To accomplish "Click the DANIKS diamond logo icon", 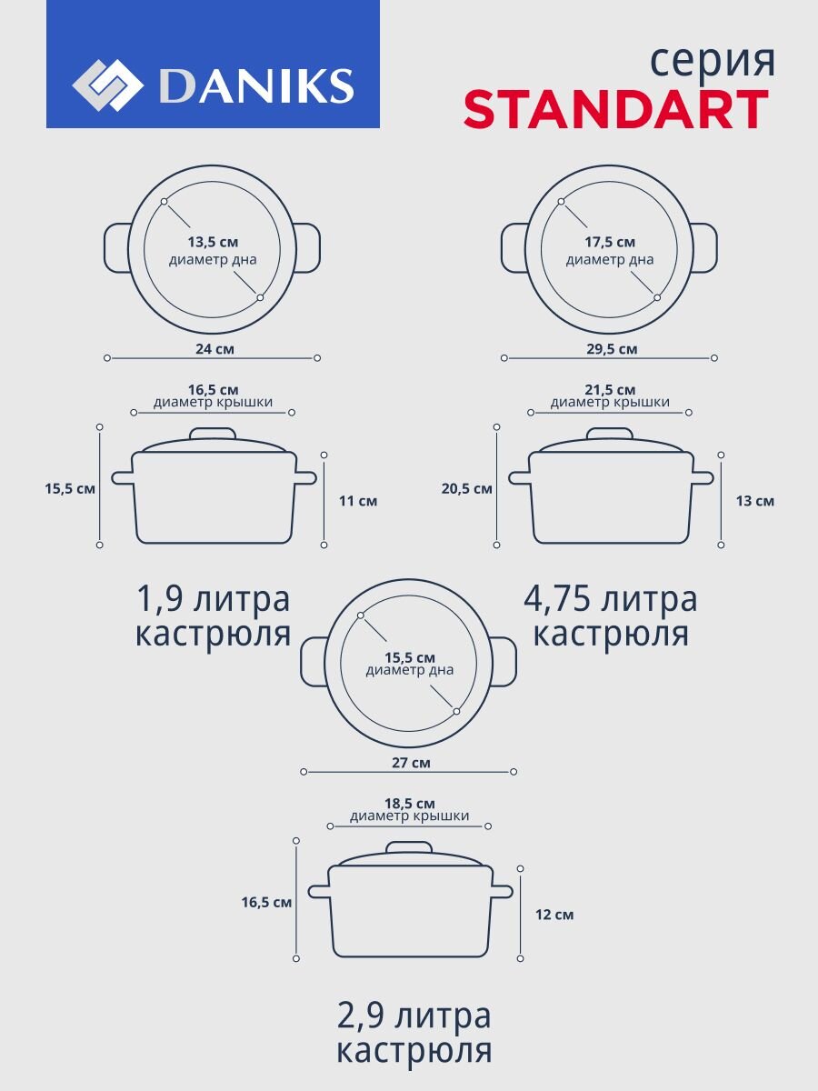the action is [x=107, y=85].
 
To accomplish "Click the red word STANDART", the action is [x=616, y=109].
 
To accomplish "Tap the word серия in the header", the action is [x=713, y=61].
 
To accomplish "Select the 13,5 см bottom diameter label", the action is [x=213, y=242].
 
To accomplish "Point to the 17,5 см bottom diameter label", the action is [x=609, y=242].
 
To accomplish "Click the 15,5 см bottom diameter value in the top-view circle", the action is [x=410, y=657].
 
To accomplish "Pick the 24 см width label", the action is [x=214, y=349].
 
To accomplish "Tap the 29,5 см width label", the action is [x=612, y=349].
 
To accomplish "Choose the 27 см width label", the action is [x=411, y=763].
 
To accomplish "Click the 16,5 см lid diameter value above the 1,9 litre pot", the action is [x=213, y=390].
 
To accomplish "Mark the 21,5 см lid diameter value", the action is [x=610, y=390].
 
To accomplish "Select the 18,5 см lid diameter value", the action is [x=410, y=803].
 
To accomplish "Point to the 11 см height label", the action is [x=358, y=501].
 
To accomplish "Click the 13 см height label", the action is [x=755, y=501].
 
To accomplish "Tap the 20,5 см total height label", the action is [x=467, y=488].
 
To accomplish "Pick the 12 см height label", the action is [x=554, y=915].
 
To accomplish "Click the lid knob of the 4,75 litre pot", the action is [x=609, y=434].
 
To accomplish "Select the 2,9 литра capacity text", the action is [x=414, y=1017].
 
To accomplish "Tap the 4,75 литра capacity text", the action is [x=611, y=599].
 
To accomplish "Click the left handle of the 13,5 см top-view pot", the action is [x=117, y=248].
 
